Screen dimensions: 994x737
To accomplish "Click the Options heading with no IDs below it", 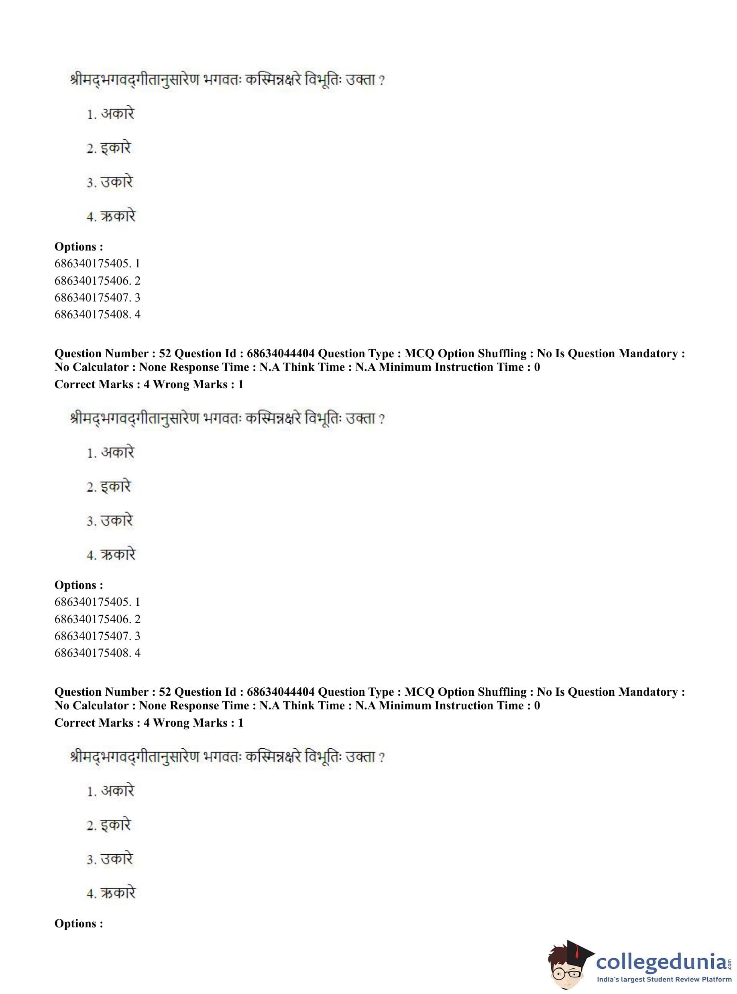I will pyautogui.click(x=79, y=923).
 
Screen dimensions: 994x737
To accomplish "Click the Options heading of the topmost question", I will pyautogui.click(x=79, y=247).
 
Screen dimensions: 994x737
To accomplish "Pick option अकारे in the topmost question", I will pyautogui.click(x=117, y=114).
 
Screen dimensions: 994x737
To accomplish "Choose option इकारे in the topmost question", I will pyautogui.click(x=116, y=148).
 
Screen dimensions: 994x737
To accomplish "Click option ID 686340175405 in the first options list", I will pyautogui.click(x=93, y=264).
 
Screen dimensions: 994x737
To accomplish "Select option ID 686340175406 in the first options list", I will pyautogui.click(x=93, y=281).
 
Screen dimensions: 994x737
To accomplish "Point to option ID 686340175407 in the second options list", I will pyautogui.click(x=93, y=636).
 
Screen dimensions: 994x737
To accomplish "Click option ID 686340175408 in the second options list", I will pyautogui.click(x=93, y=653).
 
